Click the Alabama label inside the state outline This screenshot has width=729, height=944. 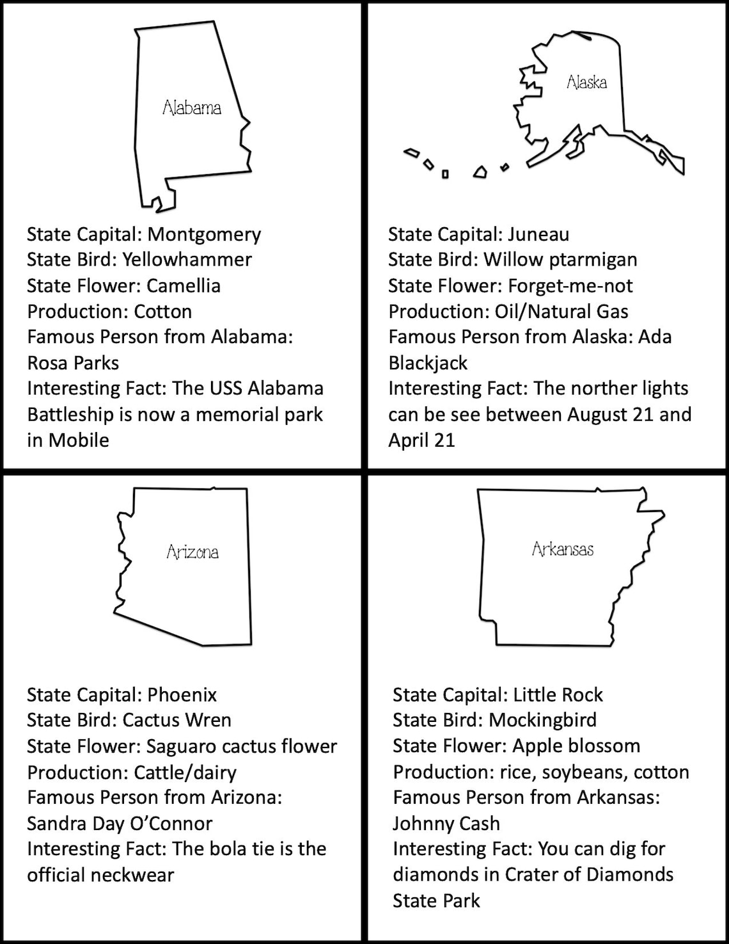coord(192,107)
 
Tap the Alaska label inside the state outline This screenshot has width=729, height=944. coord(586,82)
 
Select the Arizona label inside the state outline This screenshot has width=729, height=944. coord(192,552)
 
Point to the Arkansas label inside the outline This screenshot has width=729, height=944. coord(563,549)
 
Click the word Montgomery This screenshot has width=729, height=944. coord(204,235)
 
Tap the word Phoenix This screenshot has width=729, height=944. coord(182,695)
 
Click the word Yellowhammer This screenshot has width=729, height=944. coord(187,260)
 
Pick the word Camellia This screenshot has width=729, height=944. coord(184,285)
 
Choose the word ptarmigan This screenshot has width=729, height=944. coord(592,260)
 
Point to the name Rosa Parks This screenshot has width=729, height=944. coord(73,363)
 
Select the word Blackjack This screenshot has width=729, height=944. coord(428,363)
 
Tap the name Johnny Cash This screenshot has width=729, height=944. coord(446,824)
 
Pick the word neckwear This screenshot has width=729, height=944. coord(135,875)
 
